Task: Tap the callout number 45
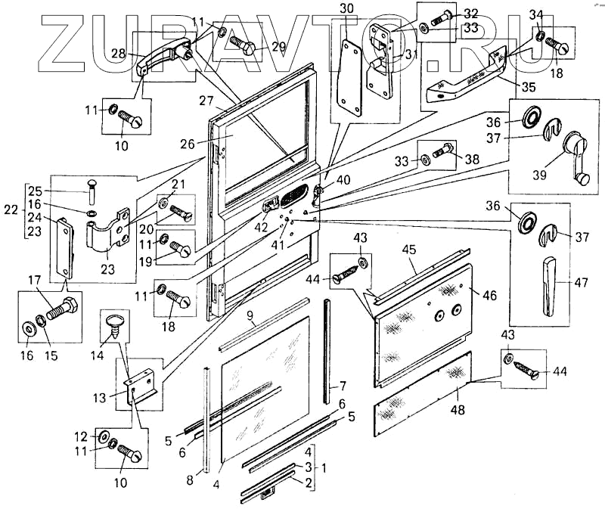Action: (x=409, y=250)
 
